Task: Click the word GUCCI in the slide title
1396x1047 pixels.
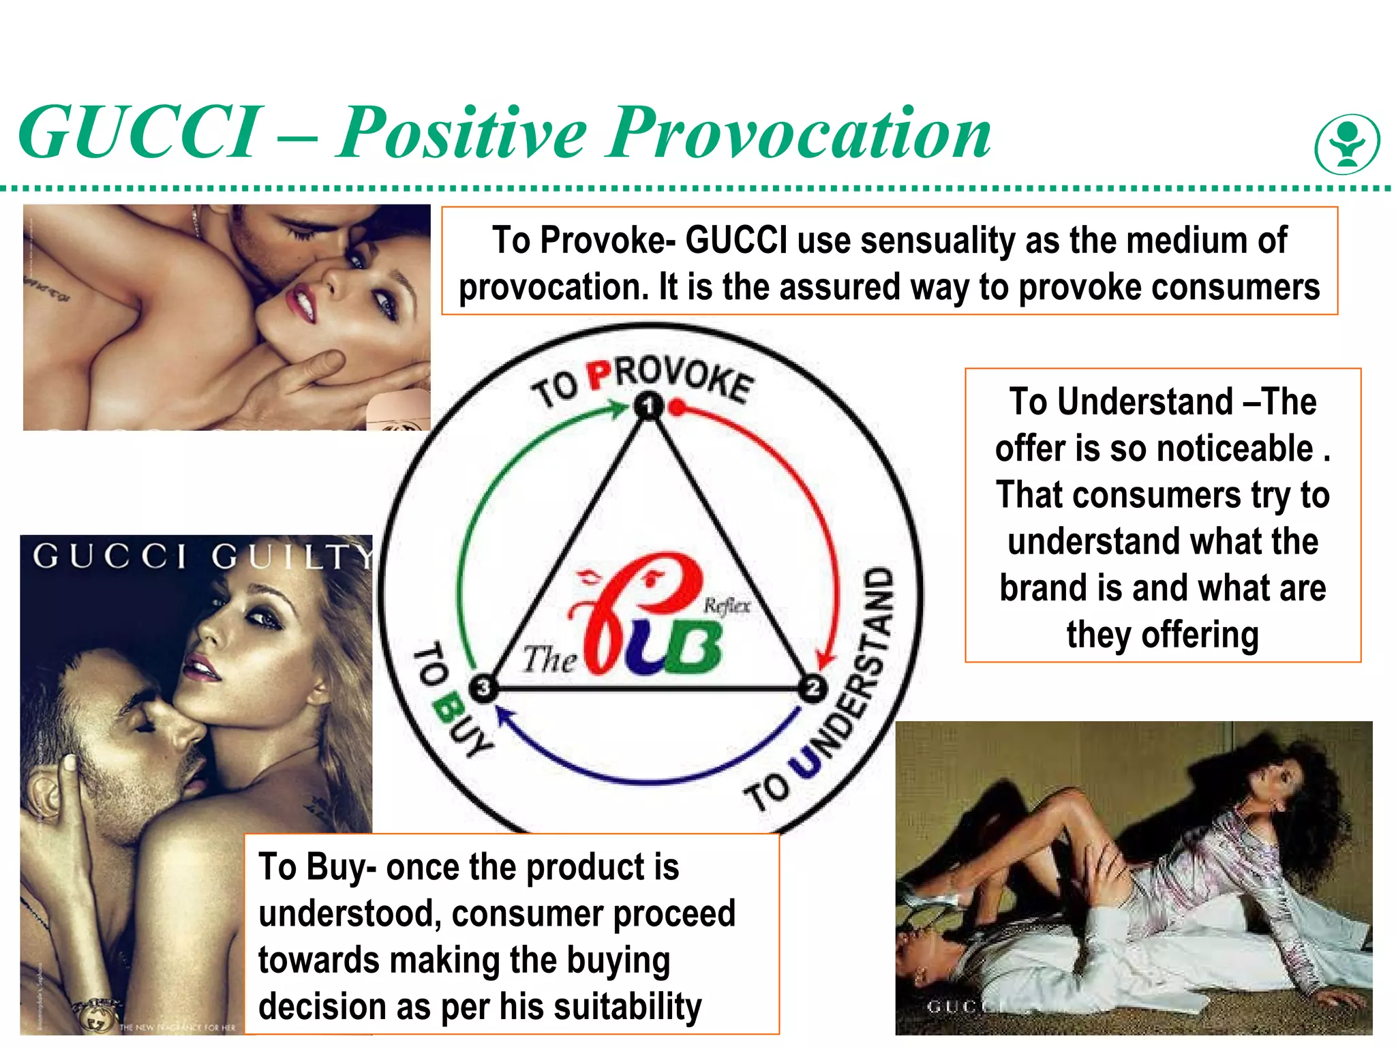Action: click(x=140, y=133)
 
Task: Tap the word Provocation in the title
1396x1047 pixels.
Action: click(x=799, y=133)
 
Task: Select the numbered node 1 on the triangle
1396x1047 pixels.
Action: click(x=648, y=406)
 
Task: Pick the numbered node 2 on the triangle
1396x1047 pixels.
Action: click(x=813, y=688)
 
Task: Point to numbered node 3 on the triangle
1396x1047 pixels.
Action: click(x=483, y=687)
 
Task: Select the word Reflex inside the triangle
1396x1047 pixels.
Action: click(x=727, y=605)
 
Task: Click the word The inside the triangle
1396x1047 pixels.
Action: click(x=549, y=659)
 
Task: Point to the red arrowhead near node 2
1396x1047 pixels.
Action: click(x=825, y=659)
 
